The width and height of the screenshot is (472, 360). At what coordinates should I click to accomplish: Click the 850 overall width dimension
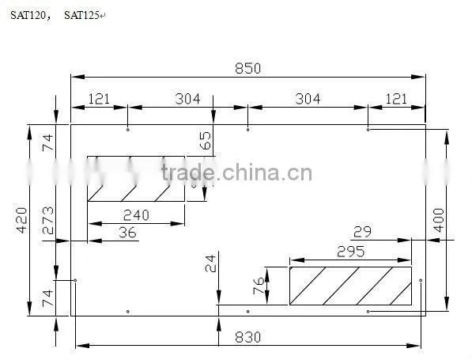(247, 68)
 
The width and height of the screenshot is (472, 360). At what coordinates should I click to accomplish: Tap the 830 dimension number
(247, 337)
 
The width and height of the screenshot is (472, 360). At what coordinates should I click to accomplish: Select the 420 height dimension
(21, 220)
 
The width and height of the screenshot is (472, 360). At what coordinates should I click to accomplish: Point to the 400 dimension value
(439, 220)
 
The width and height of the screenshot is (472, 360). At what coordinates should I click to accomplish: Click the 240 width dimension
(136, 215)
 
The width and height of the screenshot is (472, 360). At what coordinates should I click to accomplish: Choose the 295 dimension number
(350, 252)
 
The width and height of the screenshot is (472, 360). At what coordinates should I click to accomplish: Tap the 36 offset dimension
(127, 233)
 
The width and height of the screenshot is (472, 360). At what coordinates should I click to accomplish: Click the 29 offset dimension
(362, 232)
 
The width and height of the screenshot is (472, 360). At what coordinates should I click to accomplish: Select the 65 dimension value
(206, 141)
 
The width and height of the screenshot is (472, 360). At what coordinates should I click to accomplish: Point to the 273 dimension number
(48, 220)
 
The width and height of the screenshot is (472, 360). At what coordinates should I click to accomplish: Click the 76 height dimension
(259, 286)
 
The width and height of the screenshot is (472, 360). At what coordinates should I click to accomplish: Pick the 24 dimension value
(211, 263)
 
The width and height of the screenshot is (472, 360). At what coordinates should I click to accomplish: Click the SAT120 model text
(28, 15)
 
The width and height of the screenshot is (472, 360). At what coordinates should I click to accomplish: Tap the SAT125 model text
(81, 15)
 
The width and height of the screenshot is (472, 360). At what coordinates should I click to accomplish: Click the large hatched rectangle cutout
(350, 286)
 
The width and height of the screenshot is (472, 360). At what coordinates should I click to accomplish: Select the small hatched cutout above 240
(136, 179)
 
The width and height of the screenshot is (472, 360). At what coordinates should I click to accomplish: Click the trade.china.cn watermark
(237, 172)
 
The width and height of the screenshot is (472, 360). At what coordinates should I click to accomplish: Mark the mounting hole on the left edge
(75, 280)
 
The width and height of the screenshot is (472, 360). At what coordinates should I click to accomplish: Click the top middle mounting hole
(247, 130)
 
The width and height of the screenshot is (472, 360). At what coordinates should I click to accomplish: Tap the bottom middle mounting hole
(247, 312)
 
